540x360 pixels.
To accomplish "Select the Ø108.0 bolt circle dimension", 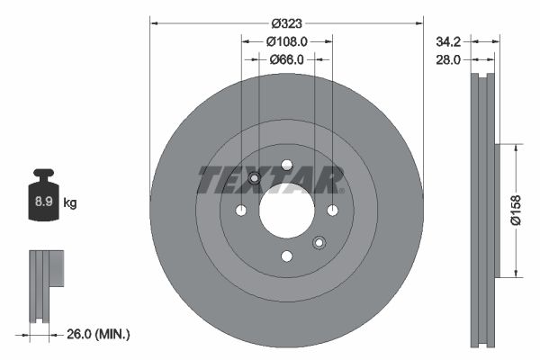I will click(x=287, y=40).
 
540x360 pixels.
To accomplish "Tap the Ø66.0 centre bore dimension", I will click(x=287, y=59).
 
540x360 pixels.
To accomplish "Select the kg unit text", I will click(x=70, y=204).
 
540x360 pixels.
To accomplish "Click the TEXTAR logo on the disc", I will click(x=271, y=180).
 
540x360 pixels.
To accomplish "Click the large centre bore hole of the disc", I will click(x=286, y=211).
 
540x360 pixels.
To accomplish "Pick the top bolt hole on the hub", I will click(x=286, y=165).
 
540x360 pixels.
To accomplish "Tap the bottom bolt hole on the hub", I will click(x=286, y=256).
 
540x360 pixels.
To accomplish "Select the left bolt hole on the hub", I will click(x=241, y=211).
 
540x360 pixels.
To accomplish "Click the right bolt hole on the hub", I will click(x=332, y=211).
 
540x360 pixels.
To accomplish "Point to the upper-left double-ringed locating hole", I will click(x=254, y=178).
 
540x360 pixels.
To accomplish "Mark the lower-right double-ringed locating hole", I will click(x=319, y=242).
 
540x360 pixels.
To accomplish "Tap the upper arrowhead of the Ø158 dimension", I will click(x=515, y=147).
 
